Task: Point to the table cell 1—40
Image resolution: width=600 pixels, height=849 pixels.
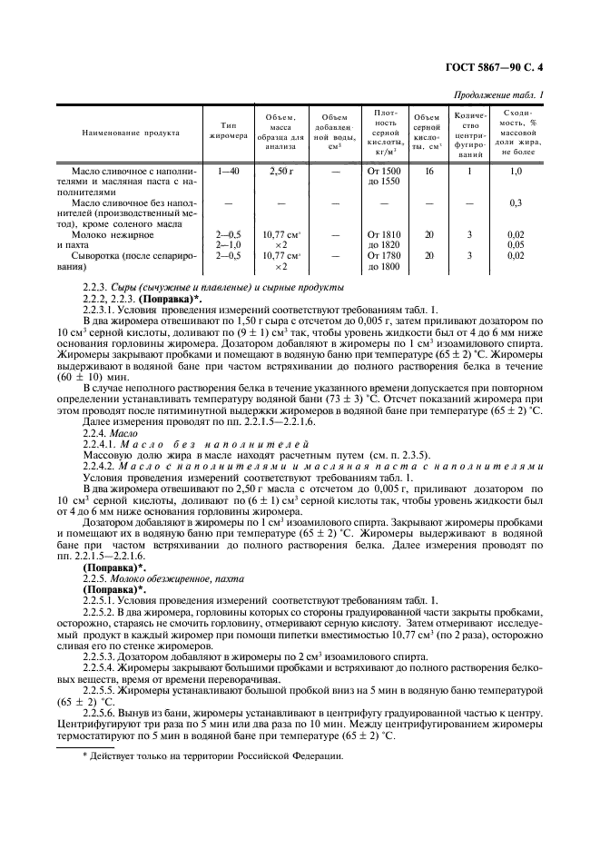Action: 228,170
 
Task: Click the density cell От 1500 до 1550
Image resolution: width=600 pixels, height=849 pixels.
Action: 385,175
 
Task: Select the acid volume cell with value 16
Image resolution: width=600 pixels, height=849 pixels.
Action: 428,170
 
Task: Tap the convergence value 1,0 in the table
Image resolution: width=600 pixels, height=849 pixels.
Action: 516,170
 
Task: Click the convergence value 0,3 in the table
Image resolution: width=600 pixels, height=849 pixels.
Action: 516,202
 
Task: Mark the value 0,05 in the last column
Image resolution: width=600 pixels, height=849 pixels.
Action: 516,244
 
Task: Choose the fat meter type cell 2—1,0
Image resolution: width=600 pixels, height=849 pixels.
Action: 228,244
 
